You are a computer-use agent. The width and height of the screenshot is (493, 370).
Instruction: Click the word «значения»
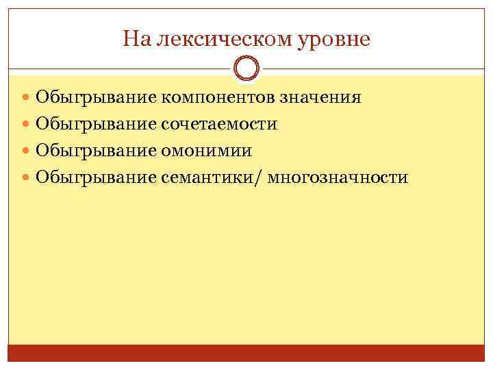pos(320,97)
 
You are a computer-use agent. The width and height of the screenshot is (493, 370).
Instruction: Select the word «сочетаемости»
pos(219,124)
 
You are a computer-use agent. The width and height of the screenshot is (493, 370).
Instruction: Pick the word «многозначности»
pos(339,178)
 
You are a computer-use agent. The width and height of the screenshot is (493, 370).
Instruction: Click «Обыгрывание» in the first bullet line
pos(96,97)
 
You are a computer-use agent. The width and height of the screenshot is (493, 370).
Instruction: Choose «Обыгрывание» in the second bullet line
pos(96,124)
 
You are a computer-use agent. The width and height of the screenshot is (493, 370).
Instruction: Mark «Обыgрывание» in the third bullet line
pos(96,151)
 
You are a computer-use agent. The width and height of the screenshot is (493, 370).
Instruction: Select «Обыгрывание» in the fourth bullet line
pos(96,178)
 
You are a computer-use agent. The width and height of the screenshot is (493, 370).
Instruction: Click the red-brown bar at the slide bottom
pos(246,353)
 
